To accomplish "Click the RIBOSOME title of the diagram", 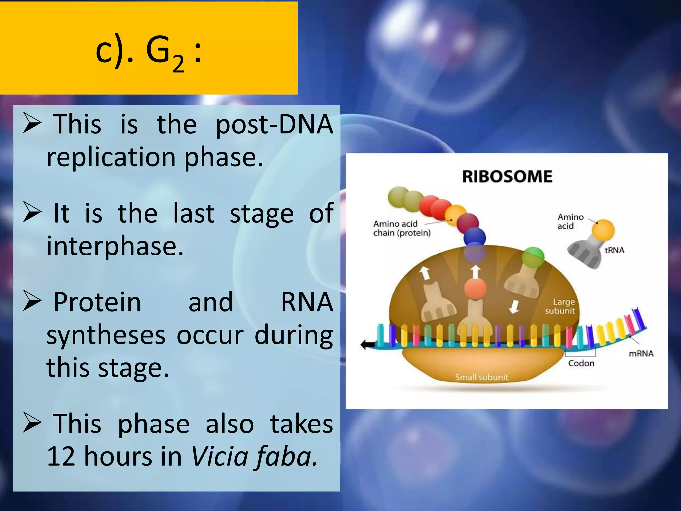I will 507,177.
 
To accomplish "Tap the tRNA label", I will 614,250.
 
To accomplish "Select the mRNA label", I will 641,354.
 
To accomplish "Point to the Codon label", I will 581,363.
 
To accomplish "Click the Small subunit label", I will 481,377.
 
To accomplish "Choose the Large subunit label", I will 560,306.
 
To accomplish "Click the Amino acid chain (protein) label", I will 401,228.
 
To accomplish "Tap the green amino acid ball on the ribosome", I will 533,257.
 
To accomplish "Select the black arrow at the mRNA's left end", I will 367,345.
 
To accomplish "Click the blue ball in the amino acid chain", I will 475,237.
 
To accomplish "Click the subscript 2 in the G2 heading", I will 178,64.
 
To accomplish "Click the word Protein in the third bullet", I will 97,302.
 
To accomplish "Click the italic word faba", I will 286,456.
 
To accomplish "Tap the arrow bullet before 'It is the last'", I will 32,213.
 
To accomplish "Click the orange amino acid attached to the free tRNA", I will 603,230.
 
